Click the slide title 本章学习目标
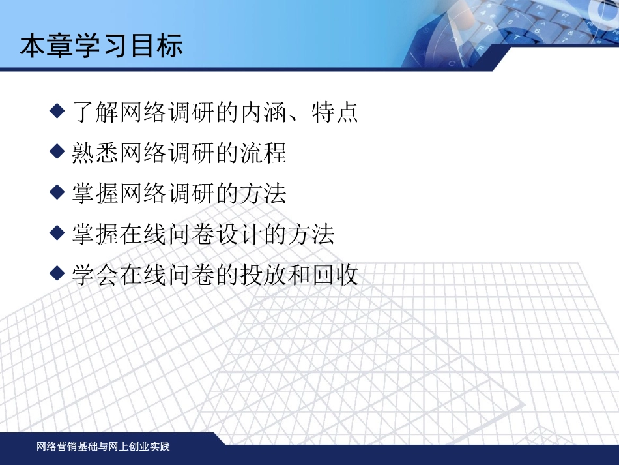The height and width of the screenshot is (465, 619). pos(101,46)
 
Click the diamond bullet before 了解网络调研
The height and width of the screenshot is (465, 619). pos(58,110)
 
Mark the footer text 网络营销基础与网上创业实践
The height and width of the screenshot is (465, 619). pos(103,447)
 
